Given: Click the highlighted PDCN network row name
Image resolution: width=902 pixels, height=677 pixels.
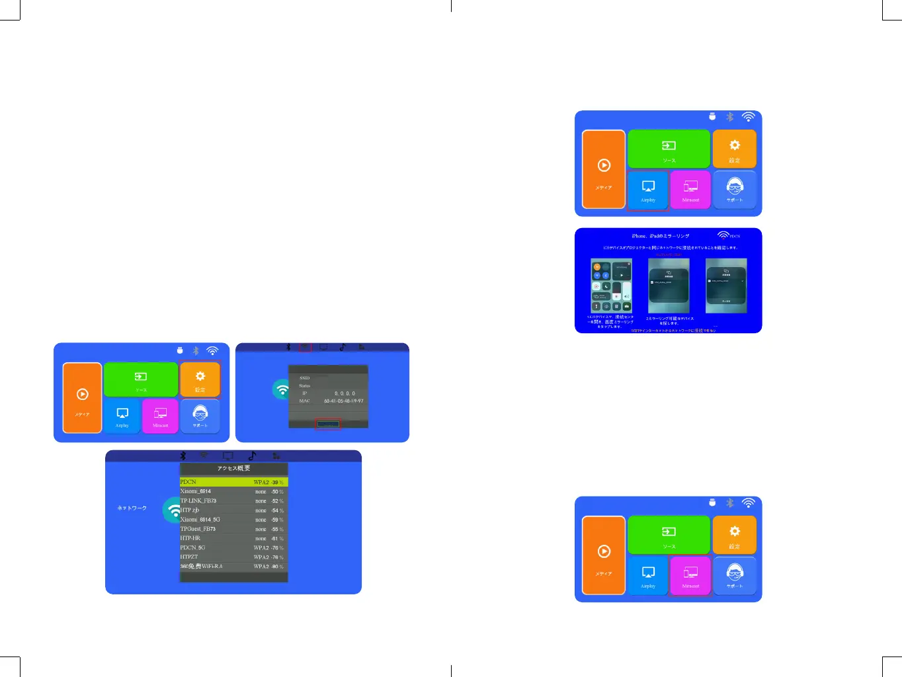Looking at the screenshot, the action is tap(188, 482).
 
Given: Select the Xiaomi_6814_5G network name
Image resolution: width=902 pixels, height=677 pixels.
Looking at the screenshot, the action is tap(200, 520).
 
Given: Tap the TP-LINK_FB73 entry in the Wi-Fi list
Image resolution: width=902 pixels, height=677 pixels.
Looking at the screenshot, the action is tap(198, 500).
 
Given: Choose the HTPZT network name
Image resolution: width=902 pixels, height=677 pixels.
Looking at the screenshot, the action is tap(189, 557).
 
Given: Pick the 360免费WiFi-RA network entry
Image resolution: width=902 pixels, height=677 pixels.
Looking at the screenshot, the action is tap(202, 566).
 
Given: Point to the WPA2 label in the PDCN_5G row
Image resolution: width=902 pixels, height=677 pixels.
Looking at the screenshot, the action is tap(261, 548).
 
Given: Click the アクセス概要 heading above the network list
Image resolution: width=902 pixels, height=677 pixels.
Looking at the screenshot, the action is tap(233, 468).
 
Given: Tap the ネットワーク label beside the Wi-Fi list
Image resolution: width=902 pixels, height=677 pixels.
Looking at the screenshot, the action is tap(132, 508).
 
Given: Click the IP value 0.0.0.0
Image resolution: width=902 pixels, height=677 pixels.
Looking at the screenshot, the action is tap(345, 393).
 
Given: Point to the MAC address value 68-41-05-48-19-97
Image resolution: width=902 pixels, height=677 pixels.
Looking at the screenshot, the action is tap(343, 401).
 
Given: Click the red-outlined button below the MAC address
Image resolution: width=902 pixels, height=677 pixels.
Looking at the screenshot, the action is tap(328, 424).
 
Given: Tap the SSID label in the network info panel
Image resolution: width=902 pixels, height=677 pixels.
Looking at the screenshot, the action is tap(305, 378).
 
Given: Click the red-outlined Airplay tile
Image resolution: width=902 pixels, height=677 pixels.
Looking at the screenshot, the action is tap(648, 190).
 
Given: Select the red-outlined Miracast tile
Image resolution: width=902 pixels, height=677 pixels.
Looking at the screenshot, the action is tap(690, 576).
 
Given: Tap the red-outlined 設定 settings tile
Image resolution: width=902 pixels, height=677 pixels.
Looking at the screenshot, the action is tap(200, 379).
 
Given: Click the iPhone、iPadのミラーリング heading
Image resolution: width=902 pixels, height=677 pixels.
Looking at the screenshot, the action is tap(660, 236).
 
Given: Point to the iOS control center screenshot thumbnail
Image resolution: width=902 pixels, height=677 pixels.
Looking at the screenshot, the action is tap(611, 286).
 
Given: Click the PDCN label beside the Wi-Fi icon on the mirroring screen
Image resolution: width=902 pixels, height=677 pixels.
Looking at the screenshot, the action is tap(735, 236).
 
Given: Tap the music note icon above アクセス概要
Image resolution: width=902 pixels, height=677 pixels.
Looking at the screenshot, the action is tap(252, 456).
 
